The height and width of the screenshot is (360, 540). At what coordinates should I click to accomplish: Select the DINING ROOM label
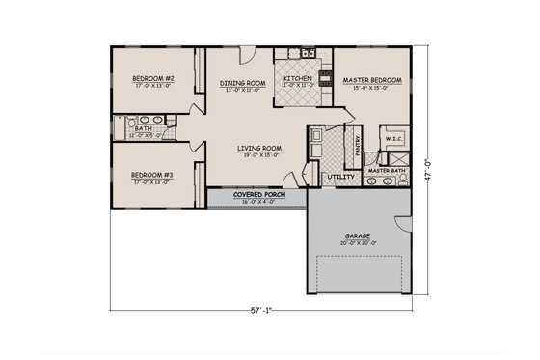(242, 83)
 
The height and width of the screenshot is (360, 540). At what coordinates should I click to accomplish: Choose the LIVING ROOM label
(260, 148)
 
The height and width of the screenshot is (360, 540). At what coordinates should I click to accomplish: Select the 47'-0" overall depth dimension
(430, 163)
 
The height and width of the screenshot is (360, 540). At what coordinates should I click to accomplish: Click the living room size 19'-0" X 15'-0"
(260, 154)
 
